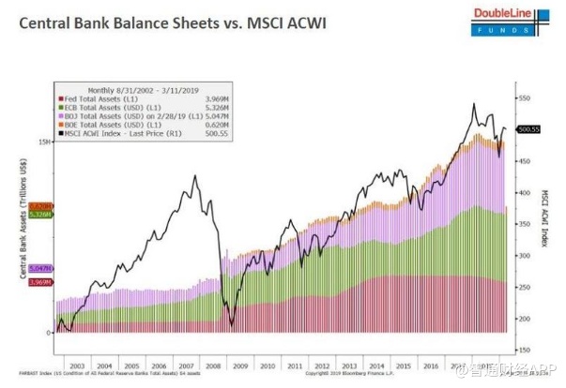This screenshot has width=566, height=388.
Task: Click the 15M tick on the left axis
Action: pyautogui.click(x=44, y=142)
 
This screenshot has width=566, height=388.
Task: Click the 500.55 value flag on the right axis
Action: pyautogui.click(x=528, y=129)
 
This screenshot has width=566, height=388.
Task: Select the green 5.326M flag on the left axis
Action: pyautogui.click(x=40, y=215)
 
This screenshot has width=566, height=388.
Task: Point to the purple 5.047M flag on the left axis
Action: pyautogui.click(x=40, y=268)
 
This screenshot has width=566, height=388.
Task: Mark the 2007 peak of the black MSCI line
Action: pyautogui.click(x=195, y=175)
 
